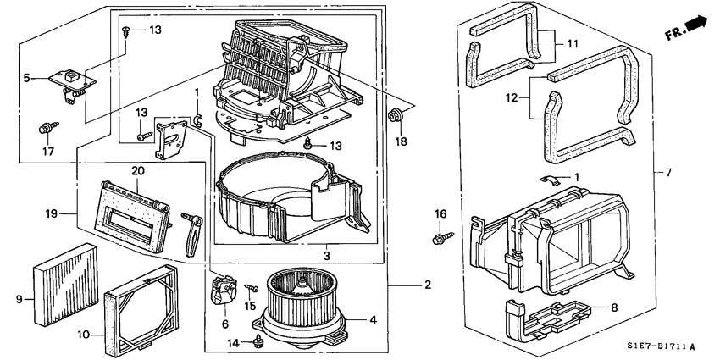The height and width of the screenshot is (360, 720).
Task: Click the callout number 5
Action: click(x=27, y=79)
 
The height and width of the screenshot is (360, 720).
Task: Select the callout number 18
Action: click(x=401, y=141)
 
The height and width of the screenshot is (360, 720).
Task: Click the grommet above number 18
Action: click(x=395, y=114)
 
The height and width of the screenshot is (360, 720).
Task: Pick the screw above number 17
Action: click(x=47, y=130)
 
